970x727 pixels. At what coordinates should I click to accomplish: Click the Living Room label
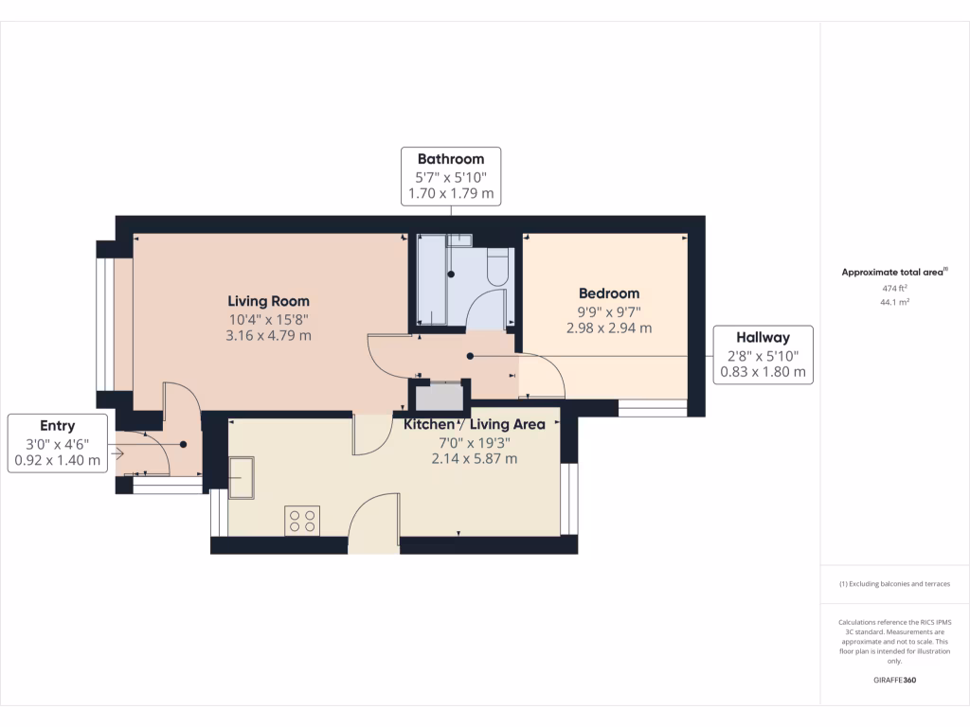pyautogui.click(x=268, y=301)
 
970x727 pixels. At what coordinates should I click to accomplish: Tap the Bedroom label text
pyautogui.click(x=609, y=293)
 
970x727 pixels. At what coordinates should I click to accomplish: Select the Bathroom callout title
pyautogui.click(x=451, y=159)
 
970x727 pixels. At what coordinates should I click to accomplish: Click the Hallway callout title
pyautogui.click(x=763, y=338)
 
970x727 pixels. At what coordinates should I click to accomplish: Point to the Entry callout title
pyautogui.click(x=58, y=426)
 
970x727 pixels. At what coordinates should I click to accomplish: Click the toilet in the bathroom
pyautogui.click(x=498, y=266)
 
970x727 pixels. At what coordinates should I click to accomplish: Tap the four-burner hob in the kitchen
pyautogui.click(x=302, y=521)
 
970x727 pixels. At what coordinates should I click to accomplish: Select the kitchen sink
pyautogui.click(x=242, y=477)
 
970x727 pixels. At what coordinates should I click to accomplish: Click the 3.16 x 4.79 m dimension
pyautogui.click(x=268, y=336)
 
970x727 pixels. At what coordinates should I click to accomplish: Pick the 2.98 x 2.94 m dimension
pyautogui.click(x=609, y=328)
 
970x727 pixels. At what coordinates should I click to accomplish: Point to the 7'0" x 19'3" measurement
pyautogui.click(x=475, y=443)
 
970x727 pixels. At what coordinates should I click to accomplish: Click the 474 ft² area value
pyautogui.click(x=894, y=288)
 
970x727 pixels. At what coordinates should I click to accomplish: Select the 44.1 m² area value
pyautogui.click(x=894, y=302)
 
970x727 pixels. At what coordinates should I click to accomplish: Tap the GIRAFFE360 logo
pyautogui.click(x=894, y=680)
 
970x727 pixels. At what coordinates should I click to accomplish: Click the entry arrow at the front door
pyautogui.click(x=117, y=453)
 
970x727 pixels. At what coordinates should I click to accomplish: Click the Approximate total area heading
pyautogui.click(x=894, y=272)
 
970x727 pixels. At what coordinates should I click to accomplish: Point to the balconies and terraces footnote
pyautogui.click(x=894, y=583)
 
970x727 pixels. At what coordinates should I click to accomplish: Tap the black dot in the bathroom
pyautogui.click(x=451, y=274)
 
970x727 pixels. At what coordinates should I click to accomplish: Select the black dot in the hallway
pyautogui.click(x=470, y=356)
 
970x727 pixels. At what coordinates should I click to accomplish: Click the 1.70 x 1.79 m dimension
pyautogui.click(x=451, y=193)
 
